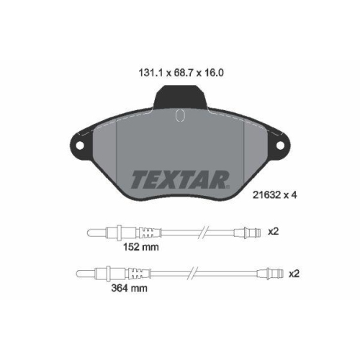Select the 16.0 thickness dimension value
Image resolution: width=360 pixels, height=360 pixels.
213,73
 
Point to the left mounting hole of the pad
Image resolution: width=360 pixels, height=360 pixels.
80,145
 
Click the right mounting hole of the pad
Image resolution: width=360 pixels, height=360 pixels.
280,145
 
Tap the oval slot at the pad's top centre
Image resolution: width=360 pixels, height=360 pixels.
180,115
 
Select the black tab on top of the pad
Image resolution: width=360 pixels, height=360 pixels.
180,96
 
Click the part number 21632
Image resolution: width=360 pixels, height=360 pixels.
266,195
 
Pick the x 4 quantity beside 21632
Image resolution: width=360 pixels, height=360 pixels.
291,195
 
